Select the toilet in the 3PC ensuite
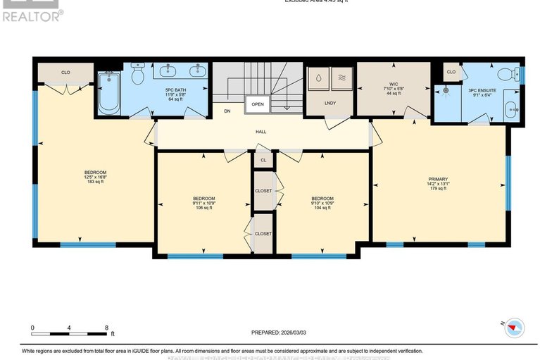click(506, 74)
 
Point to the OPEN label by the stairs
click(257, 104)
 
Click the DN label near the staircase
click(227, 111)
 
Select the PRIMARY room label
click(437, 179)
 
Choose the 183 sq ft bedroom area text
click(95, 182)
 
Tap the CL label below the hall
click(263, 161)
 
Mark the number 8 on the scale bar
click(106, 328)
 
